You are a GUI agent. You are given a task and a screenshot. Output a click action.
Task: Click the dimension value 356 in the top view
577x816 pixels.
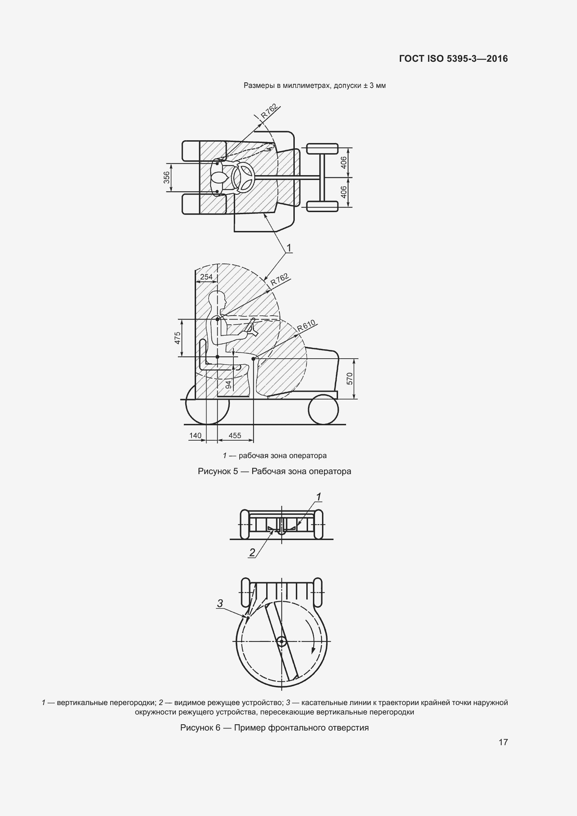pos(166,178)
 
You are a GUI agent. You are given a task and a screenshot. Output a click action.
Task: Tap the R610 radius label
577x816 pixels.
pos(306,325)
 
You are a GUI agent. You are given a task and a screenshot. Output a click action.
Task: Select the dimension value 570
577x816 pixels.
pos(350,379)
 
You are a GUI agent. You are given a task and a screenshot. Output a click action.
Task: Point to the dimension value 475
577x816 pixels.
pos(178,338)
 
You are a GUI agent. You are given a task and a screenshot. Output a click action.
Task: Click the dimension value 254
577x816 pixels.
pos(207,277)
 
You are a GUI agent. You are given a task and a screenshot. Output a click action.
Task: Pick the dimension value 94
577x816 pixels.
pos(229,384)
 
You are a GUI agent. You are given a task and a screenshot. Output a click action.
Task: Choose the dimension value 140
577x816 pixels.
pos(195,436)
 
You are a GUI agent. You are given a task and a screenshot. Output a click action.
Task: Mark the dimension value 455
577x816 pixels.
pos(235,436)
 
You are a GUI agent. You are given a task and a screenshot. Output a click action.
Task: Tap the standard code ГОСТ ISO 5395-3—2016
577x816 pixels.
pos(454,59)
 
